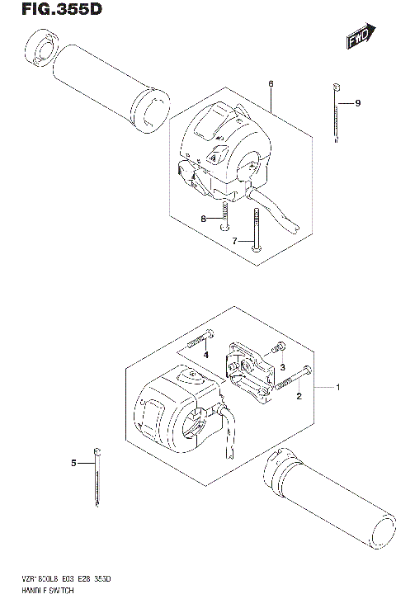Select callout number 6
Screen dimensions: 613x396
pos(270,84)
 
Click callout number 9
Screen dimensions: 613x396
pos(358,103)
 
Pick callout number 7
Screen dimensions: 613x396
pos(234,240)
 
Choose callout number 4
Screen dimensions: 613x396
pos(207,355)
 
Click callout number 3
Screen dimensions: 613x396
pos(281,367)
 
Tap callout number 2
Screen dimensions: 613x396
pos(299,397)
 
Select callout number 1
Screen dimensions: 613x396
pos(337,387)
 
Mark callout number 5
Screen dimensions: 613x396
pos(73,464)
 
